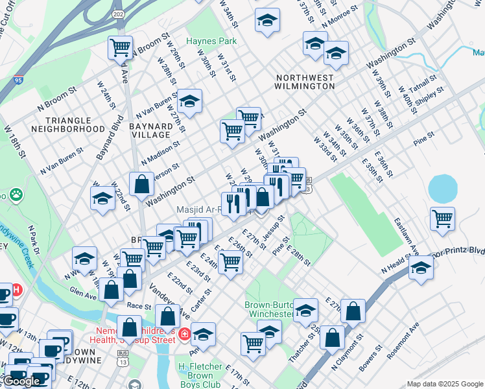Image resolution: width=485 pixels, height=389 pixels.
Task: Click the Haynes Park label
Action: (x=211, y=41)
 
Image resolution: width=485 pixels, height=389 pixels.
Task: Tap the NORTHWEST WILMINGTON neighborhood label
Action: (x=304, y=81)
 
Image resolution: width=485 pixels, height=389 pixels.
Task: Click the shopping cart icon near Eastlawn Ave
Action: (x=442, y=219)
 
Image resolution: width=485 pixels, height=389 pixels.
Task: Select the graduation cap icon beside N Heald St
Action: (x=421, y=268)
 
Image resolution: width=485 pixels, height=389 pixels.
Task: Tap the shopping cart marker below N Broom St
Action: (x=120, y=47)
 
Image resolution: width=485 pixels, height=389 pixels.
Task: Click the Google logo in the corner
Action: (x=21, y=381)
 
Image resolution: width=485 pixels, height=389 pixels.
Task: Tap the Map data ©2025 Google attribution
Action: (x=444, y=384)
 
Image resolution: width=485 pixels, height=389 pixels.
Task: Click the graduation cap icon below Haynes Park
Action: (x=189, y=100)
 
